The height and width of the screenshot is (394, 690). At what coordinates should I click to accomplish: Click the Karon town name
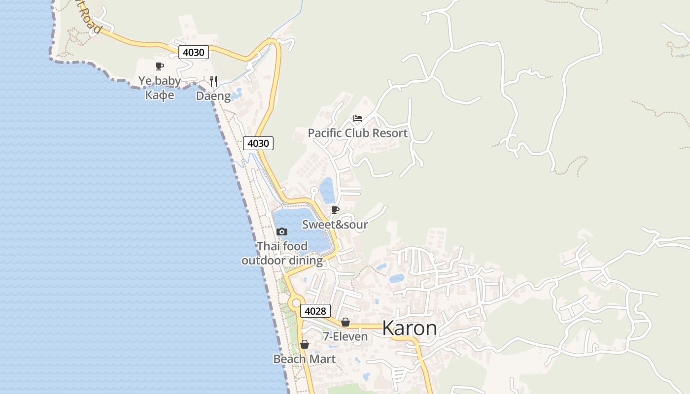409,328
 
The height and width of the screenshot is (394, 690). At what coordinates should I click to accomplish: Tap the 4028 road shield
315,311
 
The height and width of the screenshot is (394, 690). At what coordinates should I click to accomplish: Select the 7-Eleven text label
345,337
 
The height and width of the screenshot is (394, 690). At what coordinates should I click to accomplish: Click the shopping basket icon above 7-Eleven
345,322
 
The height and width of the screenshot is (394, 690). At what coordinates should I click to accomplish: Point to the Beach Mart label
304,359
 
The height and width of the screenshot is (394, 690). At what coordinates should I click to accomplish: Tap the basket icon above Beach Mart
305,344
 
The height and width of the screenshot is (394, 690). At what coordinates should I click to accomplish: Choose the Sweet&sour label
335,225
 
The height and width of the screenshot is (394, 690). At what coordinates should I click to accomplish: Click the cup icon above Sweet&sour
335,210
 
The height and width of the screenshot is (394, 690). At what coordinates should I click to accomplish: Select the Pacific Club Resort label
357,133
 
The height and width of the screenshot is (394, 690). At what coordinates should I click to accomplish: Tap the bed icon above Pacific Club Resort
358,119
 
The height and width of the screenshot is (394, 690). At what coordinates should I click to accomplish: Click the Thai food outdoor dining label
282,253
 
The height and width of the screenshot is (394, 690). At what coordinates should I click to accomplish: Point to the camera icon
282,231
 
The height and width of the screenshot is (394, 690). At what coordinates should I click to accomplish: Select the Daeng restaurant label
213,96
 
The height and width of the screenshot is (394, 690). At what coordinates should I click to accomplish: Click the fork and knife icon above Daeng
213,81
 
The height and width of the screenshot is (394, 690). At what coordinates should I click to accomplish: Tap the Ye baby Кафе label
159,87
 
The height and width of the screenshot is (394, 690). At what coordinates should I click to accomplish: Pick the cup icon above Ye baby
160,66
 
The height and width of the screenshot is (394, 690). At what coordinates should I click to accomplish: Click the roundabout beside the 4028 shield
296,303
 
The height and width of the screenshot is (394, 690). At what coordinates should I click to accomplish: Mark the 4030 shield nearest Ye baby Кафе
193,52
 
